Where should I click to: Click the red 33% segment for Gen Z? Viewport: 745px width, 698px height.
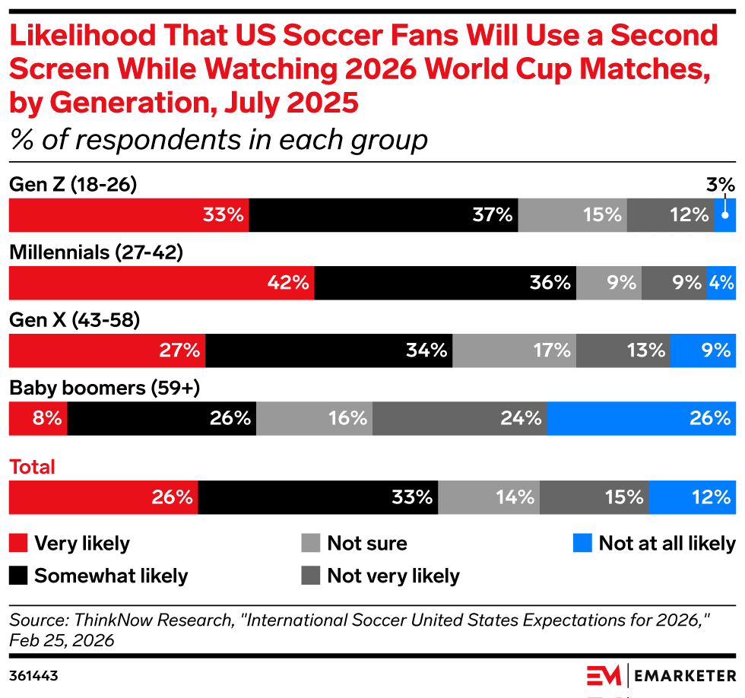128,215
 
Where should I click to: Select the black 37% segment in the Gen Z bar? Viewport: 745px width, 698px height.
383,215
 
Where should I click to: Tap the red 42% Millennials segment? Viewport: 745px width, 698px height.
161,283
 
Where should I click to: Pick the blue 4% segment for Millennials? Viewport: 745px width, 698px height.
721,283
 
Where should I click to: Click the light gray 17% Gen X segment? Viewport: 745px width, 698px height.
514,351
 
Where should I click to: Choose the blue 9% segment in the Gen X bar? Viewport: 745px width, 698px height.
702,351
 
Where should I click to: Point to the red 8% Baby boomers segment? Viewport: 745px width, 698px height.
38,418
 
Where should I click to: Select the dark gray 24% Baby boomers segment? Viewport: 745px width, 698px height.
459,418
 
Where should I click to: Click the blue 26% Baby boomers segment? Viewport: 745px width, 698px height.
641,418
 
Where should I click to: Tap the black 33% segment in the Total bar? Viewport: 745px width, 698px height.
318,497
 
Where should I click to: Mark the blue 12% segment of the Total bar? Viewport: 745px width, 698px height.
692,497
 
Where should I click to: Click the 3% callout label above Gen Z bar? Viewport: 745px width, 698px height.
720,185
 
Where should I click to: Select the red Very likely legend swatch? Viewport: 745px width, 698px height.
18,543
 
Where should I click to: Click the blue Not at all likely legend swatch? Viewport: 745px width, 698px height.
582,543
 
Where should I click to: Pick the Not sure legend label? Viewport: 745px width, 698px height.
367,544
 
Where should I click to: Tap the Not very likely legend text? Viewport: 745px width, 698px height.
393,576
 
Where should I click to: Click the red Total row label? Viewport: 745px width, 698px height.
32,467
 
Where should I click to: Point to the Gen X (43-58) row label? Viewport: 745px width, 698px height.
74,321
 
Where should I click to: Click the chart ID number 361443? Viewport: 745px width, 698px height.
33,674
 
